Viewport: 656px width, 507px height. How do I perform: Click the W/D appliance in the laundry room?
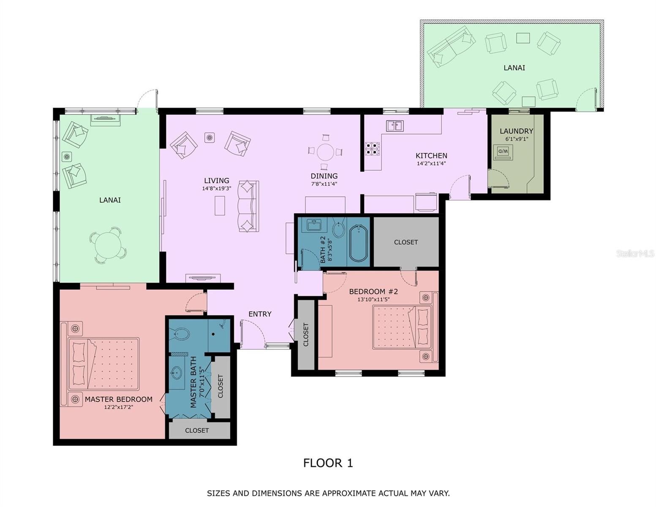(503, 152)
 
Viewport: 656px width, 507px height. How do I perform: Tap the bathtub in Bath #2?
(358, 243)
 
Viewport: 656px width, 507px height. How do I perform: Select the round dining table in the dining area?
(325, 152)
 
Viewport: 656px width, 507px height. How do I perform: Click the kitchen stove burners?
(372, 149)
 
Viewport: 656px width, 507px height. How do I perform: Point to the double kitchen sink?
(395, 125)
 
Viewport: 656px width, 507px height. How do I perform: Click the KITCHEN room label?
(431, 156)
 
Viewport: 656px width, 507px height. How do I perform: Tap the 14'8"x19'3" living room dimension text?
(216, 188)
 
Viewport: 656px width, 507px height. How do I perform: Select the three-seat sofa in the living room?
(248, 206)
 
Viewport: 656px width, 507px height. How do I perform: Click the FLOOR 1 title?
(328, 463)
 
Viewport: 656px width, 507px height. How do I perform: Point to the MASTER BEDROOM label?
(118, 399)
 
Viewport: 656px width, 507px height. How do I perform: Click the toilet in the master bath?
(180, 334)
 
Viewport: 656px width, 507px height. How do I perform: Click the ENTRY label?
(260, 314)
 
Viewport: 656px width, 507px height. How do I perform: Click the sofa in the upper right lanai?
(451, 46)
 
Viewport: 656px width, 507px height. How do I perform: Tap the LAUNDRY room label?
(516, 131)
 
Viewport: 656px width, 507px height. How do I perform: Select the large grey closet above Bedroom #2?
(406, 242)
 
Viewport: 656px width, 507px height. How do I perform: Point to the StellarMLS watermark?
(635, 253)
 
